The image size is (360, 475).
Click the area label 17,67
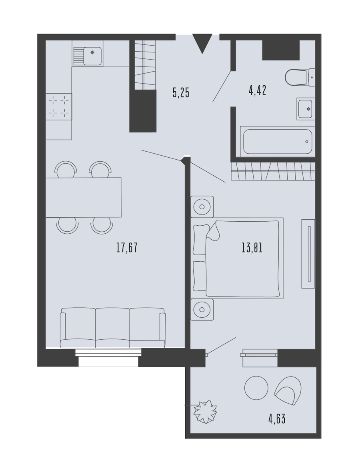127,247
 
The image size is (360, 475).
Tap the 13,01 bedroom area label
252,248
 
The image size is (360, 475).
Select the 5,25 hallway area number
181,92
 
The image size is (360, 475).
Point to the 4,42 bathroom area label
257,90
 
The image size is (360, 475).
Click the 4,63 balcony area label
277,419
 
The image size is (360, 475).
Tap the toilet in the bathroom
300,77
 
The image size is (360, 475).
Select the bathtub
278,142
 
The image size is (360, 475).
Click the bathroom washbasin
306,109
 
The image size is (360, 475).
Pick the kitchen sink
88,56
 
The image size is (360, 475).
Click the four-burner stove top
59,106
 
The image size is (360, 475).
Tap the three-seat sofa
113,328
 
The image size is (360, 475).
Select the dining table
83,197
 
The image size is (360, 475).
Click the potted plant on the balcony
206,411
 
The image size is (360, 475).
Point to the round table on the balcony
256,388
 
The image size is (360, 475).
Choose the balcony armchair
288,391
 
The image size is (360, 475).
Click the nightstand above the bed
202,206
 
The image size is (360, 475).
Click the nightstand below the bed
202,310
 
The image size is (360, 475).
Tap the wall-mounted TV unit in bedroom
308,253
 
